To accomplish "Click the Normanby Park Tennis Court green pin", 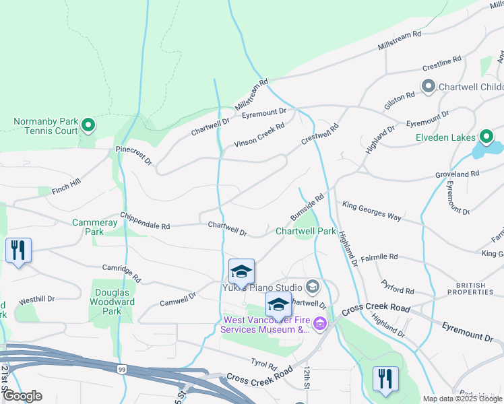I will click(x=88, y=125).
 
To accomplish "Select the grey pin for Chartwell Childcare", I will click(x=428, y=86).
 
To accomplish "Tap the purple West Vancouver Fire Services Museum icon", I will click(x=319, y=325).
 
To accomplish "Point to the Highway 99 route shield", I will click(x=121, y=369).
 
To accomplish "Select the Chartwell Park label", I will click(x=305, y=231).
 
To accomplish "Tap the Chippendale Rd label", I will click(x=145, y=222).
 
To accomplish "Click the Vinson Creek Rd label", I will click(x=259, y=135).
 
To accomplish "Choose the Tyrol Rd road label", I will click(x=263, y=364).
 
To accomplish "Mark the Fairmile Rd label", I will click(x=380, y=257).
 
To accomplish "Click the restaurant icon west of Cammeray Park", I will click(x=18, y=251).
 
